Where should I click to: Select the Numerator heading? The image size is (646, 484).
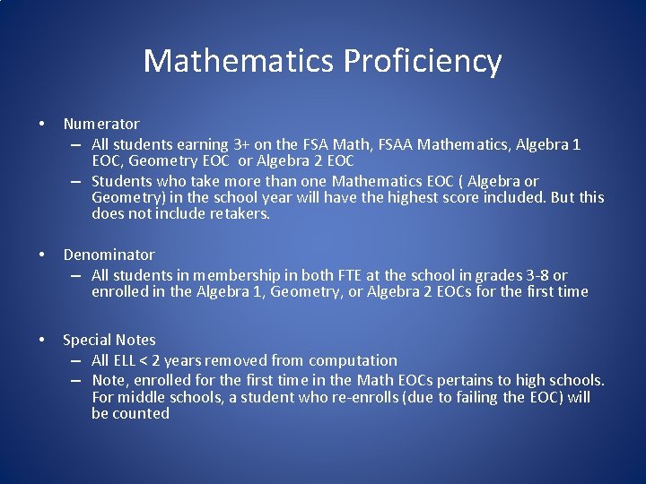point(101,124)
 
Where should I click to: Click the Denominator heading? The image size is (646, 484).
point(109,255)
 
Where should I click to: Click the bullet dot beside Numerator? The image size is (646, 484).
point(41,124)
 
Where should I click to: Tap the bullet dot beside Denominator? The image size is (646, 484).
point(41,255)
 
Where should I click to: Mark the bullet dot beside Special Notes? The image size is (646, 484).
point(41,340)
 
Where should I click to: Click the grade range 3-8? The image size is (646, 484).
point(531,275)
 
